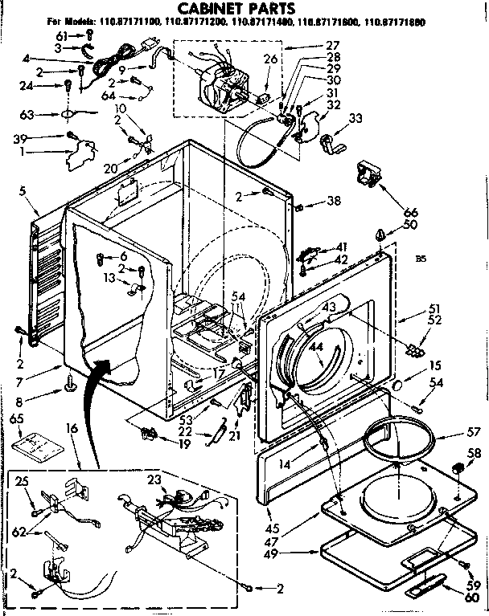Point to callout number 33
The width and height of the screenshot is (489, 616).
tap(354, 120)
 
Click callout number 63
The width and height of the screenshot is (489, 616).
tap(27, 114)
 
